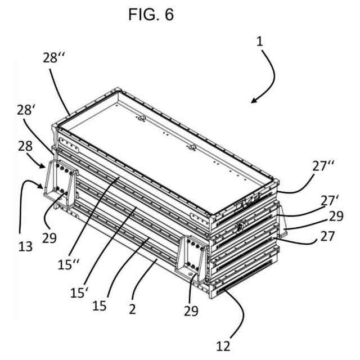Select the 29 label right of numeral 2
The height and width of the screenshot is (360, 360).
pyautogui.click(x=191, y=310)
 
